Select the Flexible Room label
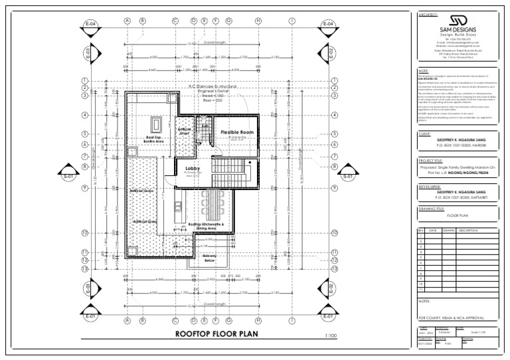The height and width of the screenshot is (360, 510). point(237,133)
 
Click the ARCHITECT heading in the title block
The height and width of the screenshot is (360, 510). point(428,15)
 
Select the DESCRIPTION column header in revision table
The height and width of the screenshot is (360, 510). point(468,231)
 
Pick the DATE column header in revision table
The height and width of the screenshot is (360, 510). point(433,231)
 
